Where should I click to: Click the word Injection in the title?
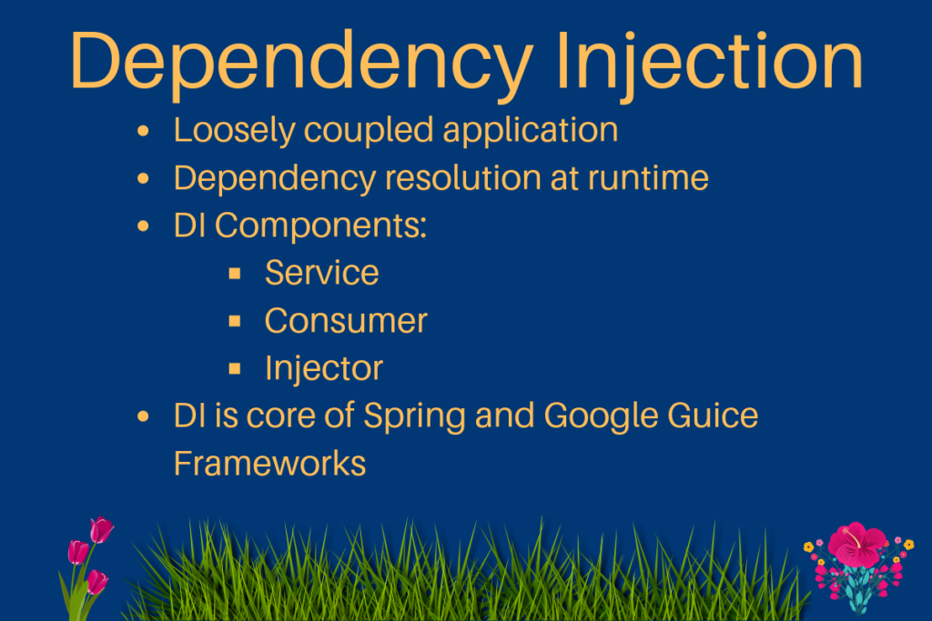point(709,60)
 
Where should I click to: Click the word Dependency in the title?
point(301,62)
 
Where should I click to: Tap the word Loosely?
point(234,130)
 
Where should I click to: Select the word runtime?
point(648,178)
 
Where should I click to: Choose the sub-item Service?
point(321,273)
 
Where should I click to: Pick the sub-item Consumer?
point(346,320)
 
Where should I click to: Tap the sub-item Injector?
point(323,368)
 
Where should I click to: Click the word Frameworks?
point(269,464)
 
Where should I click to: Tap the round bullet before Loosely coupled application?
point(142,132)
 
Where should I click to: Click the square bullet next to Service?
point(235,273)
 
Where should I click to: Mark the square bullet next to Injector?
point(235,368)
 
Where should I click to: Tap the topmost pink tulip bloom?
point(101,529)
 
